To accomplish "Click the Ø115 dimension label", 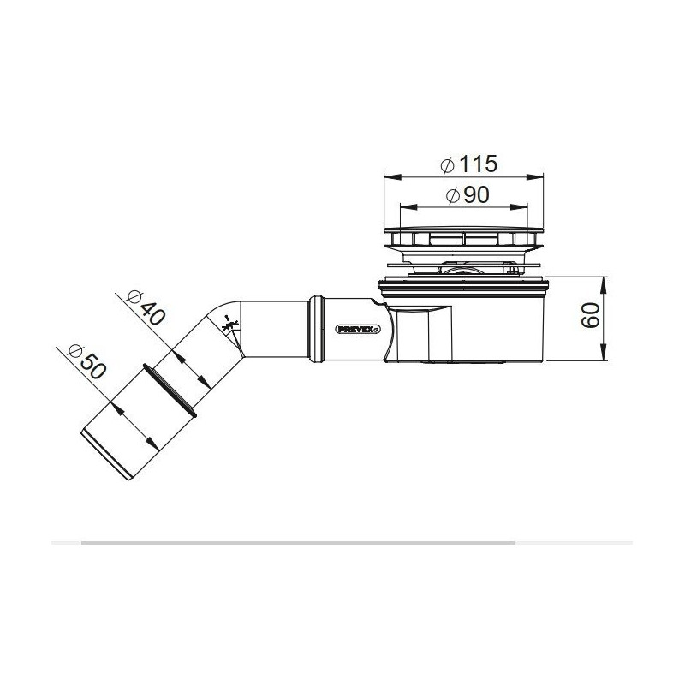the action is [x=468, y=164].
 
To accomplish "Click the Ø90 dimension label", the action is [x=468, y=195].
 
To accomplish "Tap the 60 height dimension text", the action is [x=590, y=315].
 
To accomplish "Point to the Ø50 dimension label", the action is [x=87, y=361].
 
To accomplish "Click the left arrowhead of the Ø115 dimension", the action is [x=392, y=177].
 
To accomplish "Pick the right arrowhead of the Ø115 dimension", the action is [x=534, y=177].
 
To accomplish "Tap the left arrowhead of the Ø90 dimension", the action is [x=408, y=206].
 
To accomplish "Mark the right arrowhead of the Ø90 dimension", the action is [x=520, y=206].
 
